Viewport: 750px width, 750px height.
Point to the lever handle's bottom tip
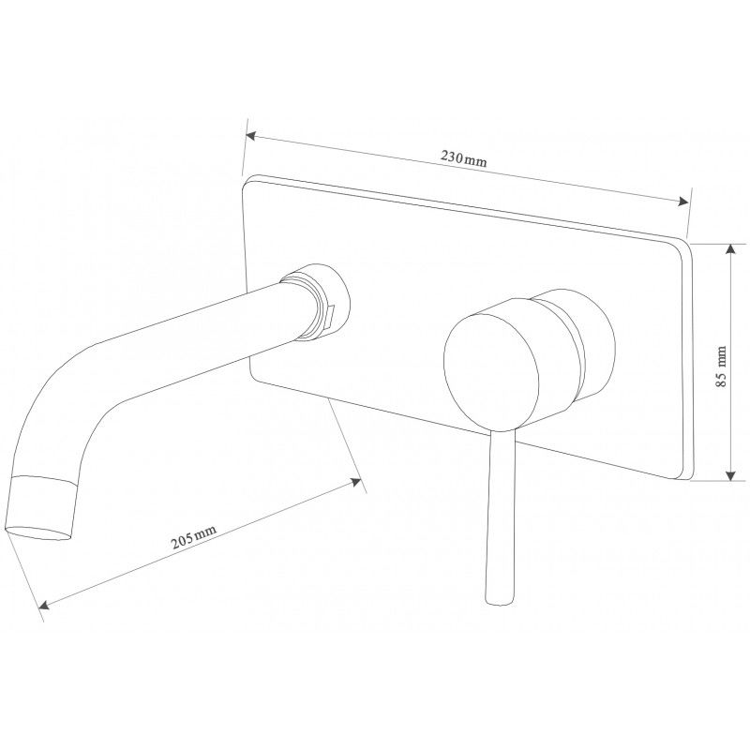(499, 600)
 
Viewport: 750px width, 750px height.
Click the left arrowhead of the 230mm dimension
(250, 137)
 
